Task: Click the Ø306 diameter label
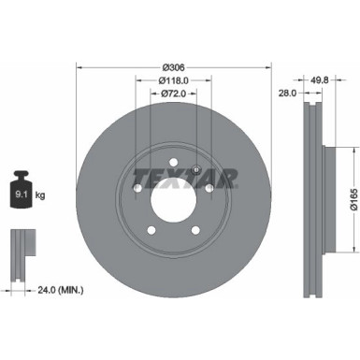coord(174,67)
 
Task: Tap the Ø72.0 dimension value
coord(174,94)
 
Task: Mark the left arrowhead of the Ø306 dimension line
coord(79,67)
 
